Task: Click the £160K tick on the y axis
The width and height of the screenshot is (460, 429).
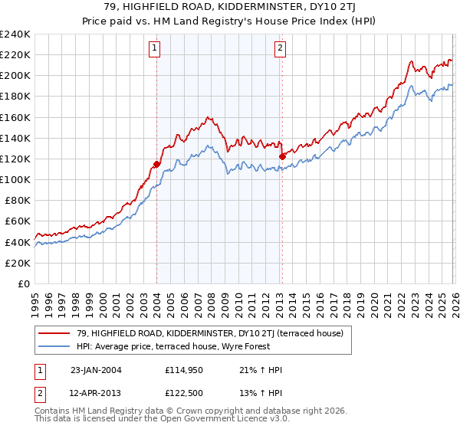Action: click(x=15, y=117)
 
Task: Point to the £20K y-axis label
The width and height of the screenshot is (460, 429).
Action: click(x=17, y=263)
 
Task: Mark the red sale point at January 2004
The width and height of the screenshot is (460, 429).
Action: click(x=156, y=164)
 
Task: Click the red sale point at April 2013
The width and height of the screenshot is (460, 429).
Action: click(x=282, y=156)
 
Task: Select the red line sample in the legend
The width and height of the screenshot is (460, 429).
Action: click(x=55, y=333)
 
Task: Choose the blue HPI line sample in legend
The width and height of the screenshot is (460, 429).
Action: click(x=55, y=346)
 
